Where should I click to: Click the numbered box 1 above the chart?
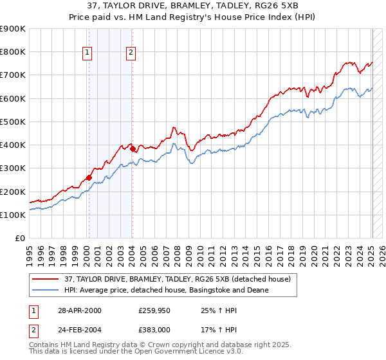[87, 53]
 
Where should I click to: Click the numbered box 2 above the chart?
[131, 53]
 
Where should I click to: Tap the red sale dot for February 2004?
[132, 149]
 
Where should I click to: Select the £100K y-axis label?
[13, 215]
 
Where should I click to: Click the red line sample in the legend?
[44, 279]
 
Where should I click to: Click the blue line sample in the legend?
[44, 290]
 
